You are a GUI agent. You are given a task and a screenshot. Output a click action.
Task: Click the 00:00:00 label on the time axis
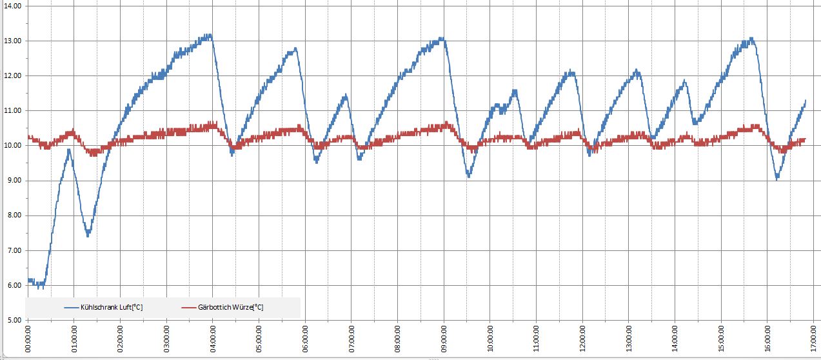tap(28, 339)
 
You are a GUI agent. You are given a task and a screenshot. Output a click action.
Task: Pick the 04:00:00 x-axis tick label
tap(213, 339)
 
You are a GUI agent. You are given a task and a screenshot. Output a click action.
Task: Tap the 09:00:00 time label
tap(444, 339)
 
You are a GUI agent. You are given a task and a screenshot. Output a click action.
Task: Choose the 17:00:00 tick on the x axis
tap(814, 339)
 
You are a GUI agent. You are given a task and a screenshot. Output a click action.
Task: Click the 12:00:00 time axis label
tap(583, 339)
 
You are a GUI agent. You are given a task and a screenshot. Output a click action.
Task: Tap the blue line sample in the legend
tap(76, 308)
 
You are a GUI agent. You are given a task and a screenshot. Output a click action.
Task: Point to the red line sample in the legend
tap(189, 308)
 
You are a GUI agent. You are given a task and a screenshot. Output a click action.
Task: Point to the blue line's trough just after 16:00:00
tap(778, 178)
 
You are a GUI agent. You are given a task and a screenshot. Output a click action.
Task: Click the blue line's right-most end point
tap(806, 101)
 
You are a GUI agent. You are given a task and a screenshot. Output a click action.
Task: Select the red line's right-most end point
tap(806, 139)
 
